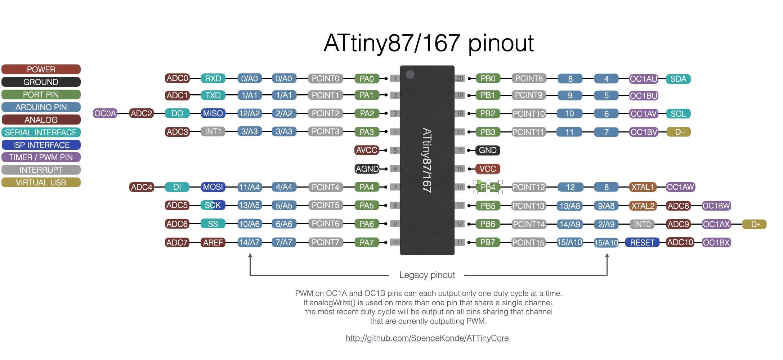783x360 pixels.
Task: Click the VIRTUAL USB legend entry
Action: coord(41,183)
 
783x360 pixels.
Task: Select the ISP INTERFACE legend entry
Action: coord(41,145)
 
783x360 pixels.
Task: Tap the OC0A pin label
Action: coord(105,113)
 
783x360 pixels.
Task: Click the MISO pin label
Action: coord(213,113)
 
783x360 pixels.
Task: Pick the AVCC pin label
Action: coord(366,150)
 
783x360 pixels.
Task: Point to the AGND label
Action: coord(367,169)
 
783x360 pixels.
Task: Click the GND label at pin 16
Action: coord(488,150)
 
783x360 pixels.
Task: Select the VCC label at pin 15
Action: coord(488,169)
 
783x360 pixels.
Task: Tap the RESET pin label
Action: coord(642,243)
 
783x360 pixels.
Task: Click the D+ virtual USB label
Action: coord(755,224)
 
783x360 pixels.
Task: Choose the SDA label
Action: coord(678,79)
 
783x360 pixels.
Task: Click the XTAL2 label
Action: coord(643,206)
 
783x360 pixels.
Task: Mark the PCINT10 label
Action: coord(529,114)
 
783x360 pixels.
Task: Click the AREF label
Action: coord(213,243)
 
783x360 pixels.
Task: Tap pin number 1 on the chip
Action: coord(395,78)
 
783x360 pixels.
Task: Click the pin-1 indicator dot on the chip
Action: coord(410,75)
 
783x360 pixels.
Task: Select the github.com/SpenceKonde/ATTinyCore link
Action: coord(427,338)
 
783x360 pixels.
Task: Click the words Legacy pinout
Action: coord(427,275)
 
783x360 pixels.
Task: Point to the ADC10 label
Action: coord(680,243)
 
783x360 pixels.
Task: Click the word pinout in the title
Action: coord(501,43)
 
